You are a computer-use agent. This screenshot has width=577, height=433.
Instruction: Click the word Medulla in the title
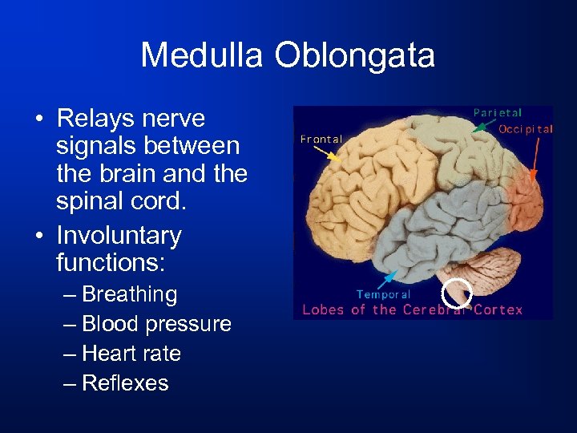(x=204, y=56)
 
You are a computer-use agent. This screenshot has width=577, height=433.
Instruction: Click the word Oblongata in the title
(x=355, y=56)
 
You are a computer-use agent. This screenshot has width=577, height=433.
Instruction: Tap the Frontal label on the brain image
(x=321, y=139)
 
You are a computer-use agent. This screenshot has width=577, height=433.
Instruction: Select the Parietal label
(x=497, y=113)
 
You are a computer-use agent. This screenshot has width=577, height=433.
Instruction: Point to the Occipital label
(x=526, y=129)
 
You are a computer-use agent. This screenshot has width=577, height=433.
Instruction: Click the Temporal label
(x=384, y=294)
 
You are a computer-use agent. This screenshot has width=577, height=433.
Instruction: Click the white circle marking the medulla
(x=458, y=293)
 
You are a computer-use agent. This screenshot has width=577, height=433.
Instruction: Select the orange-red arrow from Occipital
(x=535, y=156)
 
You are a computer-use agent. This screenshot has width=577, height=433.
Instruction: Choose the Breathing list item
(x=129, y=294)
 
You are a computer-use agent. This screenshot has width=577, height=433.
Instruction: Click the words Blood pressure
(x=156, y=324)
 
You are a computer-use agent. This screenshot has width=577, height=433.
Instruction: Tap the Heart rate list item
(x=131, y=354)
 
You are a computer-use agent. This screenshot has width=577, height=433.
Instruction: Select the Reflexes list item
(x=125, y=383)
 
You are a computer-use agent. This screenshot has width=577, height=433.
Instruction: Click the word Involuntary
(x=119, y=236)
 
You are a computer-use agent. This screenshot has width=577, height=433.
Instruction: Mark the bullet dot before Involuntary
(x=38, y=237)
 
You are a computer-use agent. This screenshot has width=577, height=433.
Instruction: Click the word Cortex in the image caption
(x=498, y=310)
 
